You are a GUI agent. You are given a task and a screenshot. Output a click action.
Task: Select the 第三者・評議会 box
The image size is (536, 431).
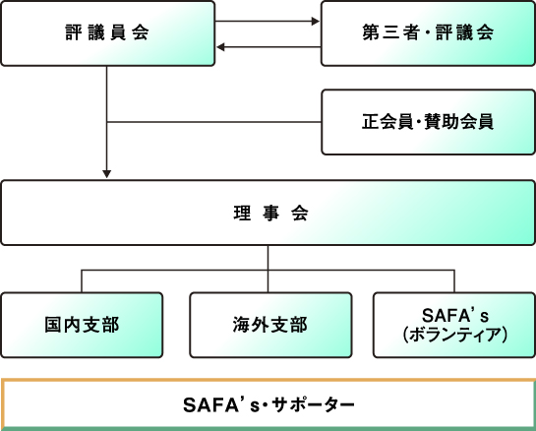tap(428, 33)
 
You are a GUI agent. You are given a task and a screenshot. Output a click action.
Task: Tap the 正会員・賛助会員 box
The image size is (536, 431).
tap(428, 122)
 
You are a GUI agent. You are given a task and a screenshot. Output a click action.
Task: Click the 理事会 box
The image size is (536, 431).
tap(268, 213)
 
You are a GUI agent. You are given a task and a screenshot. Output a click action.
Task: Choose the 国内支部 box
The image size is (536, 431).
tap(82, 325)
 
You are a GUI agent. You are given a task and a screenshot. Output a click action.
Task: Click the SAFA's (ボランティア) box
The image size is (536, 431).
tap(454, 325)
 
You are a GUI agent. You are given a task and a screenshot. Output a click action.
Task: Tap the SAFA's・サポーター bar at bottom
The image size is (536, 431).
tap(268, 403)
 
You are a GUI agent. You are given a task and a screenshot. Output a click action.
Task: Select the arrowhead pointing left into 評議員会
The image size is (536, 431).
tap(221, 46)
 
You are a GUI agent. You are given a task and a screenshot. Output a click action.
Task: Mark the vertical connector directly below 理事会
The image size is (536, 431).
tap(268, 256)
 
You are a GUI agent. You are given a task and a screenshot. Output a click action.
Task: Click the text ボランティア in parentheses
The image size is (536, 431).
tap(454, 335)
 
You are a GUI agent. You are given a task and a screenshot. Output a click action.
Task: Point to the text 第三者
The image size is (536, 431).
tap(387, 33)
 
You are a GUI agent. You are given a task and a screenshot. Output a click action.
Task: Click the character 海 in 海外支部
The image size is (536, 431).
tap(239, 325)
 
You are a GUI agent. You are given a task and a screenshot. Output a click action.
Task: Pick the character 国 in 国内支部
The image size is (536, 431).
tap(52, 325)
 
